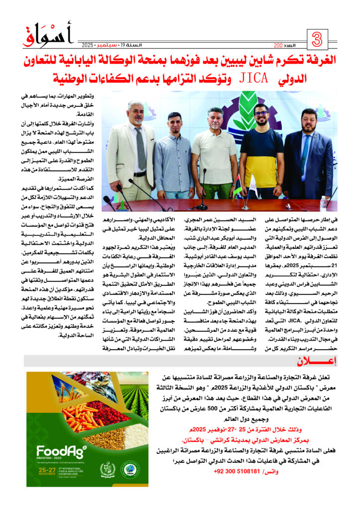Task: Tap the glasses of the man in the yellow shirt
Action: pos(261,113)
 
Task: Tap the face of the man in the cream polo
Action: pos(215,119)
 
